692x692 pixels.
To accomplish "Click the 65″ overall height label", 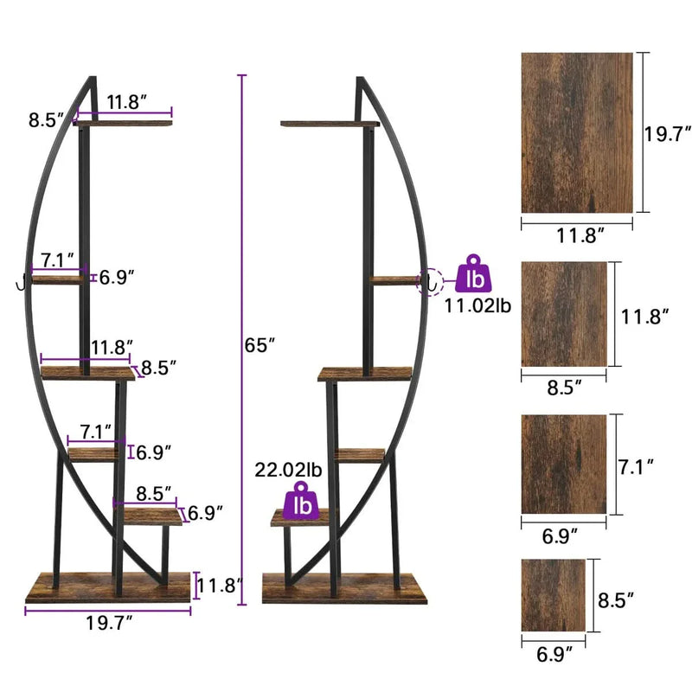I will pos(259,344).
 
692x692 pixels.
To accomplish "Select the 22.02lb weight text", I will pos(288,471).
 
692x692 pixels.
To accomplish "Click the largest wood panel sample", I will pos(577,132).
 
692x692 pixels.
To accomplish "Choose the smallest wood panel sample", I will pos(554,595).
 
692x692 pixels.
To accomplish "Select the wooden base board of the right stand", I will pos(344,589).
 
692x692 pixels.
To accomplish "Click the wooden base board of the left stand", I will pos(107,587).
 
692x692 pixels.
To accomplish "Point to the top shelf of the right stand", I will pos(330,124).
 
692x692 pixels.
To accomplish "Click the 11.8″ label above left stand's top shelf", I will pos(126,100).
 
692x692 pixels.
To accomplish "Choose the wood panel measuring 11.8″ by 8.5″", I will pos(564,314).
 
